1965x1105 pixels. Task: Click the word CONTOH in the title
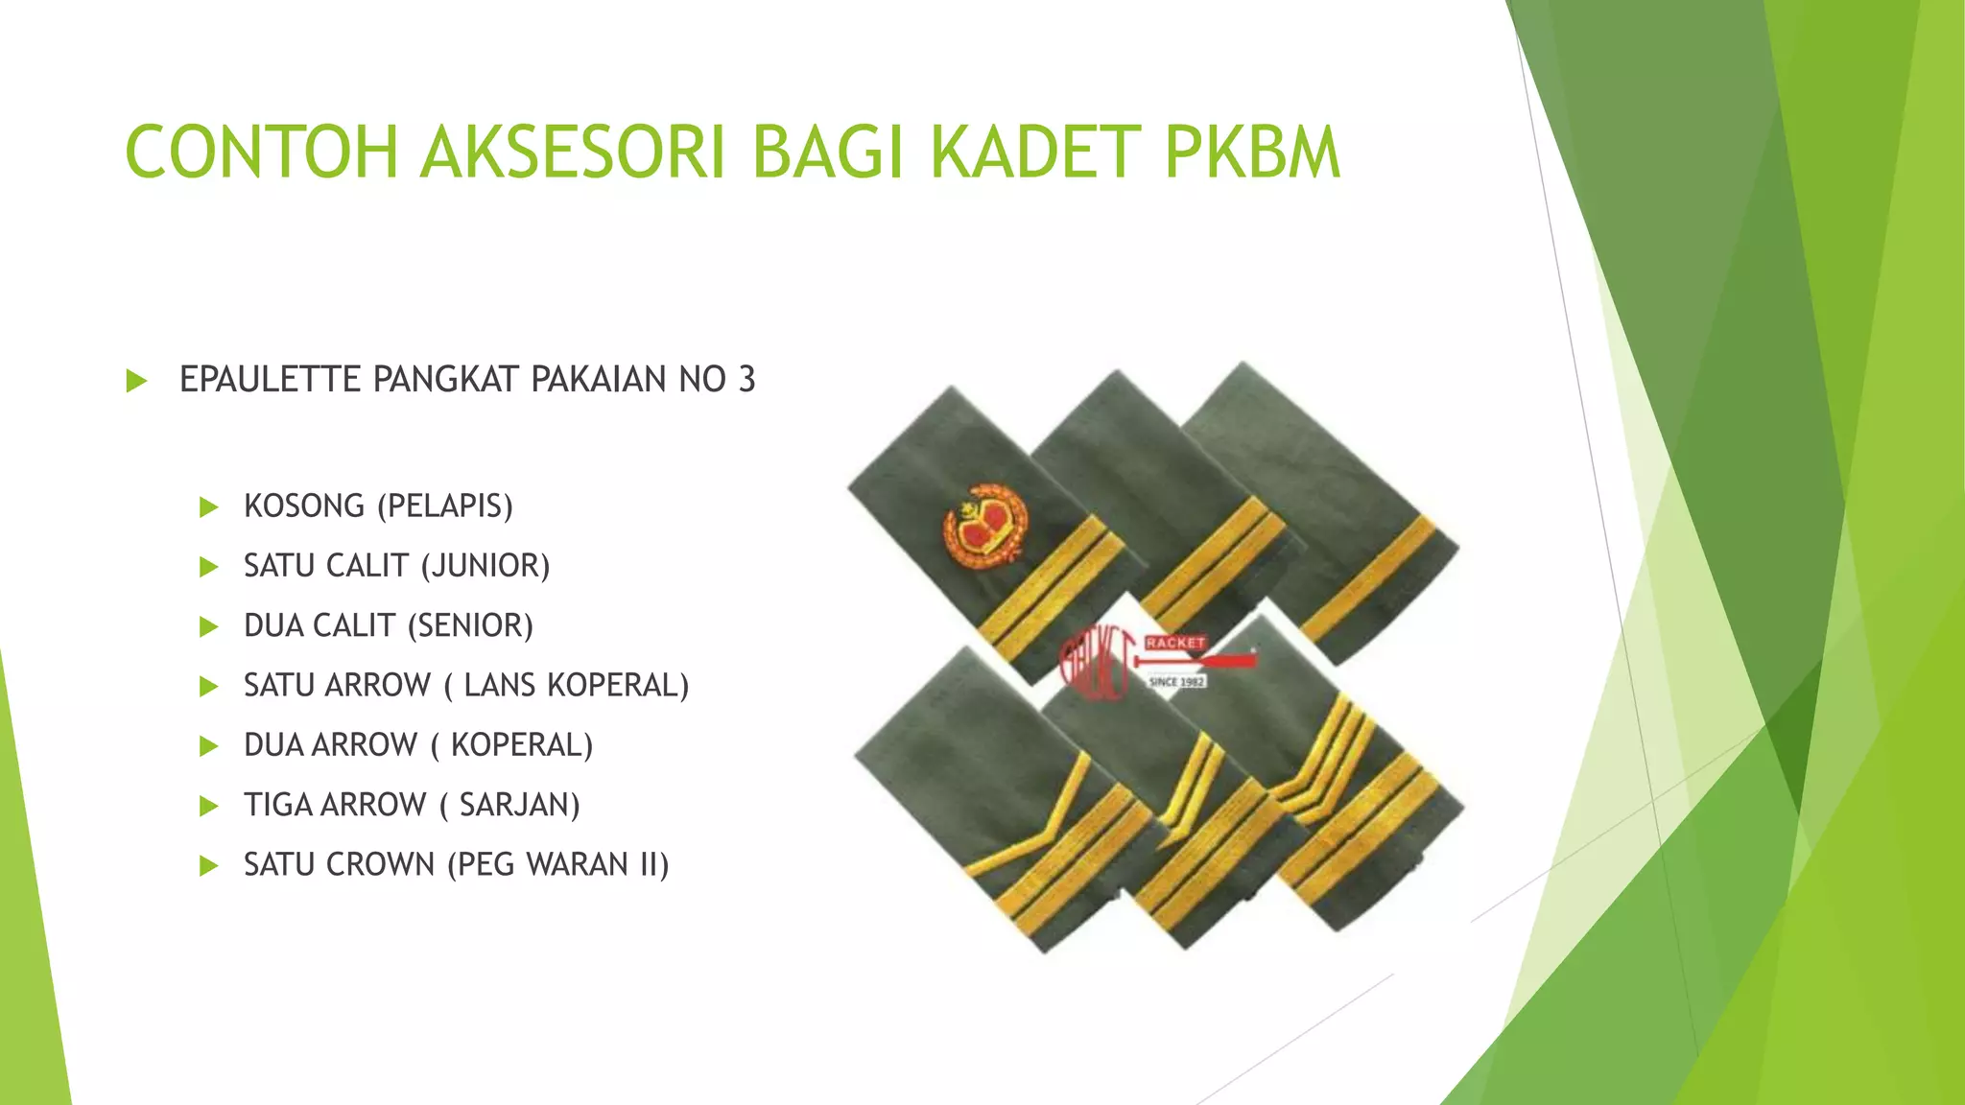tap(261, 153)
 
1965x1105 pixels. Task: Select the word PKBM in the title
tap(1252, 153)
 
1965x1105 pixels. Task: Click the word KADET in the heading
tap(1037, 153)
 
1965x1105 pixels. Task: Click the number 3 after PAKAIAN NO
tap(746, 380)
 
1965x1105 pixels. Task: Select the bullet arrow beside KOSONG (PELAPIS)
tap(208, 507)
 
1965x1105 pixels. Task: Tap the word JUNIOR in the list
tap(485, 566)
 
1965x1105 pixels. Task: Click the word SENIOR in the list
tap(470, 625)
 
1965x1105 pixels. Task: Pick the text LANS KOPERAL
tap(572, 686)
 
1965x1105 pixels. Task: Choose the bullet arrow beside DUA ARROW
tap(208, 746)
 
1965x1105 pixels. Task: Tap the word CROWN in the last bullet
tap(383, 865)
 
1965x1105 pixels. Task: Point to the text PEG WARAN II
tap(558, 865)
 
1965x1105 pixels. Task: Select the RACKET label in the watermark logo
tap(1174, 643)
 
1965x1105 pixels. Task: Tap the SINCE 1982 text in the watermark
tap(1177, 681)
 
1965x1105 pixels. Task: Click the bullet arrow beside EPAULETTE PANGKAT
tap(136, 381)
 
